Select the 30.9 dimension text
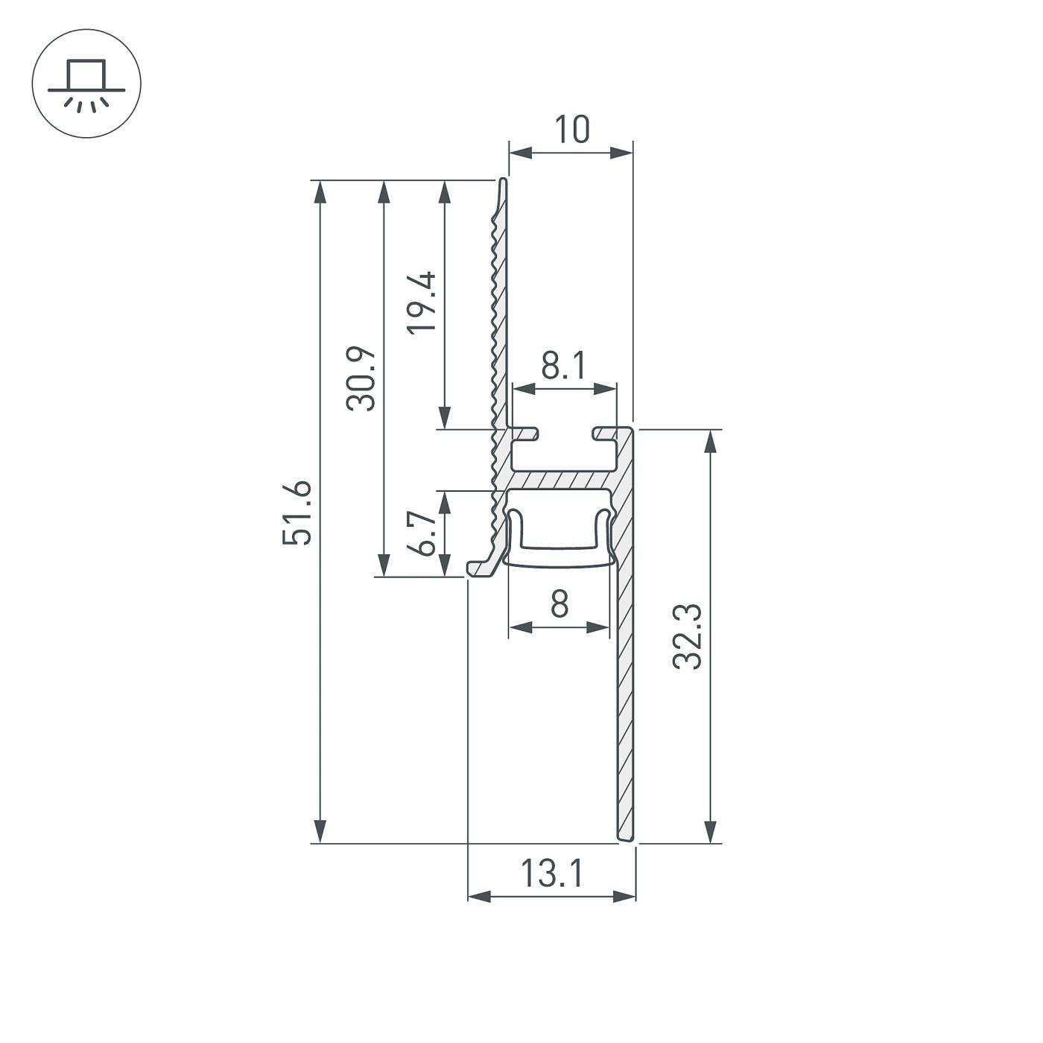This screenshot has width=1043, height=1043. pos(361,378)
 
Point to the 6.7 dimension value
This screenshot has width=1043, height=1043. pos(424,533)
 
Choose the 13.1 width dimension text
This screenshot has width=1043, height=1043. pos(552,874)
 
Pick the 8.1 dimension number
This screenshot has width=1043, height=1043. pos(564,367)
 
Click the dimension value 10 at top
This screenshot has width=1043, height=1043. pos(571,130)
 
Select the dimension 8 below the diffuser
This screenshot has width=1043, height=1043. pos(559,603)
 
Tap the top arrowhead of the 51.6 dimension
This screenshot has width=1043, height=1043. pos(320,192)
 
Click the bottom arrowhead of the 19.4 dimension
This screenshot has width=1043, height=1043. pos(445,417)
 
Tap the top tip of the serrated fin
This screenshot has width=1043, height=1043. pos(504,181)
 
